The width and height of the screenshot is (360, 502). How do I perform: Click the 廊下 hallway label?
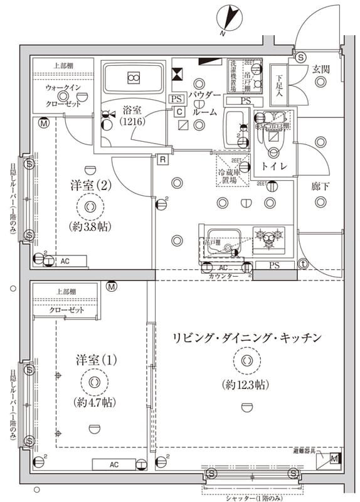coord(320,186)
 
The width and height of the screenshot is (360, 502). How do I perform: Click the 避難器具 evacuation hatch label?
coord(306,451)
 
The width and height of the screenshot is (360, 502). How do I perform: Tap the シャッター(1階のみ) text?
coord(253,496)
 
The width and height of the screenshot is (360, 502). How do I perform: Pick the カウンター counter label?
coord(223,275)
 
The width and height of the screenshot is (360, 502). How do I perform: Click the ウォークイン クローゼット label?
coord(62,96)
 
